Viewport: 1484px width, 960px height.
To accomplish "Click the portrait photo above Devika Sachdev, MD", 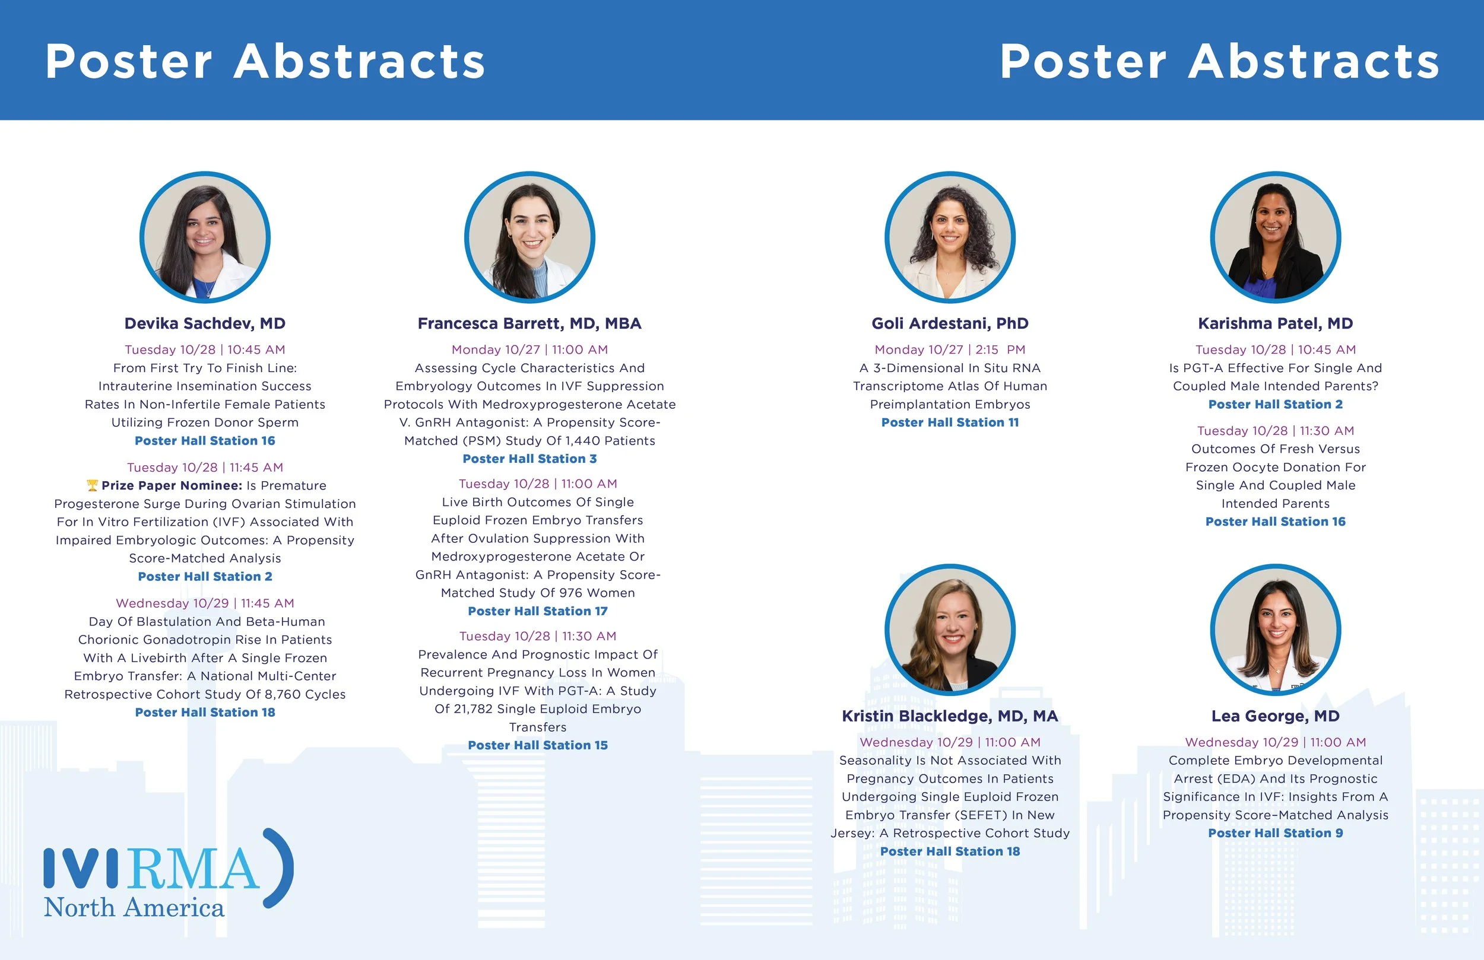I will tap(205, 237).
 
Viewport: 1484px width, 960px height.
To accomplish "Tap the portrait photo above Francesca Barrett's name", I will tap(529, 237).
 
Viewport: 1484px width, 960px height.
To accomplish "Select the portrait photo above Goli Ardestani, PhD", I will tap(950, 237).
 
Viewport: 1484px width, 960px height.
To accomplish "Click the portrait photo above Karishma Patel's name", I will tap(1275, 237).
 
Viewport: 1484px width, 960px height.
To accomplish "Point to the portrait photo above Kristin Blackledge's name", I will tap(950, 630).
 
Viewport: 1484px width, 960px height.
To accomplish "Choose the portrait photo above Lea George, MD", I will tap(1275, 630).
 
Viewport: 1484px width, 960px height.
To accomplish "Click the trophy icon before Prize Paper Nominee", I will tap(92, 485).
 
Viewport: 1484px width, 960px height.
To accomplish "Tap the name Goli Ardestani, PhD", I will tap(950, 323).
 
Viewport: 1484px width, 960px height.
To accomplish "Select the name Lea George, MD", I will tap(1275, 716).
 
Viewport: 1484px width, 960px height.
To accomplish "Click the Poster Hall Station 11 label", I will tap(950, 422).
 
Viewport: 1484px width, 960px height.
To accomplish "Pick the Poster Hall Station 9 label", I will tap(1275, 834).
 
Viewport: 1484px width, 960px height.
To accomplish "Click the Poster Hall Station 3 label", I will tap(529, 459).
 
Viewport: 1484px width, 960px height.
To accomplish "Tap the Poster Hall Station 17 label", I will tap(537, 612).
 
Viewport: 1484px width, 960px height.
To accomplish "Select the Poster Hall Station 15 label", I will tap(537, 746).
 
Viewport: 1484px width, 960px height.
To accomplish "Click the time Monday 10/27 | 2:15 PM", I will tap(950, 349).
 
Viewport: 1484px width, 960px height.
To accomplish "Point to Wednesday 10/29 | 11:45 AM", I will tap(205, 603).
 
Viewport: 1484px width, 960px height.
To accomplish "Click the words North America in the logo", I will tap(134, 908).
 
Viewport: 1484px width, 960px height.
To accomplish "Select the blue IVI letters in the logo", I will tap(81, 868).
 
